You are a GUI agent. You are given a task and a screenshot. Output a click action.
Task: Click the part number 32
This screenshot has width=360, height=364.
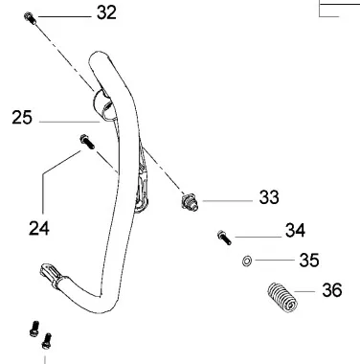(x=106, y=13)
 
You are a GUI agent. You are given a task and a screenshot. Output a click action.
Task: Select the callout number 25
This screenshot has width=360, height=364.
(x=22, y=117)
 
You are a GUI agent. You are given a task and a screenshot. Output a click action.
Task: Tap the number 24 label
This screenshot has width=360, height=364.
(x=39, y=228)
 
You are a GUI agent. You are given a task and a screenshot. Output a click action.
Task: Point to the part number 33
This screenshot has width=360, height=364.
(x=269, y=197)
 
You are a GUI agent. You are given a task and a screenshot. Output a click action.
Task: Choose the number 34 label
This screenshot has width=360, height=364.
(x=295, y=230)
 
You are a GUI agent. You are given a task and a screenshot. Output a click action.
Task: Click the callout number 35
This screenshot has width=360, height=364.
(x=309, y=260)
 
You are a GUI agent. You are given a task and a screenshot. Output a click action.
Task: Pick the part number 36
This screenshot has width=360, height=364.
(x=332, y=290)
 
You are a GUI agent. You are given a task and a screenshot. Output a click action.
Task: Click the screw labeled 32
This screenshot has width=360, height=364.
(x=31, y=17)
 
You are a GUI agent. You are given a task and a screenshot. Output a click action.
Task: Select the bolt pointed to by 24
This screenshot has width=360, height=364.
(x=87, y=142)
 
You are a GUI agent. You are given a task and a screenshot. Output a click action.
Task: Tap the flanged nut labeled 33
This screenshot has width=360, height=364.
(x=190, y=203)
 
